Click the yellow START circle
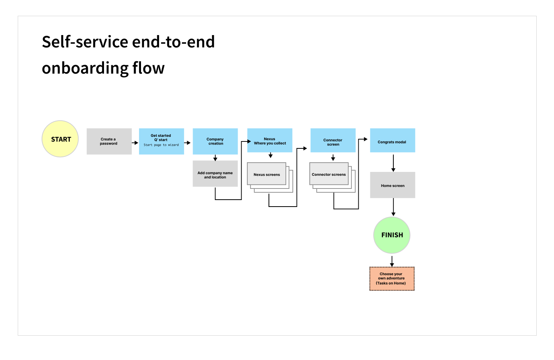pos(60,139)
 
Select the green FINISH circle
pos(392,235)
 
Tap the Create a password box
pos(109,141)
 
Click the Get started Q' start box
pos(161,141)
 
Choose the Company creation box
pos(215,141)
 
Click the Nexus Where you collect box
pos(270,140)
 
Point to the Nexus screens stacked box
pos(270,177)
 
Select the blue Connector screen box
pos(333,140)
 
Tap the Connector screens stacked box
pos(332,177)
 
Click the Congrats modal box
pos(393,140)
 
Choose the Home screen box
pos(393,185)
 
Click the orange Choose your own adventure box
pos(392,279)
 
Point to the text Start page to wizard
pos(161,145)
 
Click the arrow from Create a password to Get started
pos(135,143)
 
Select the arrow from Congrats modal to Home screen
pos(393,163)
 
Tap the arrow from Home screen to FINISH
pos(393,207)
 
